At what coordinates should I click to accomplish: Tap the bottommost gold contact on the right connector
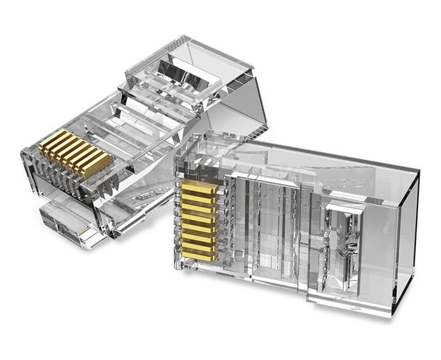pyautogui.click(x=198, y=254)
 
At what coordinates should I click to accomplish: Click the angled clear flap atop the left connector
pyautogui.click(x=189, y=68)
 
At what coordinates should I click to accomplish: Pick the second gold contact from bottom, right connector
pyautogui.click(x=198, y=245)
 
